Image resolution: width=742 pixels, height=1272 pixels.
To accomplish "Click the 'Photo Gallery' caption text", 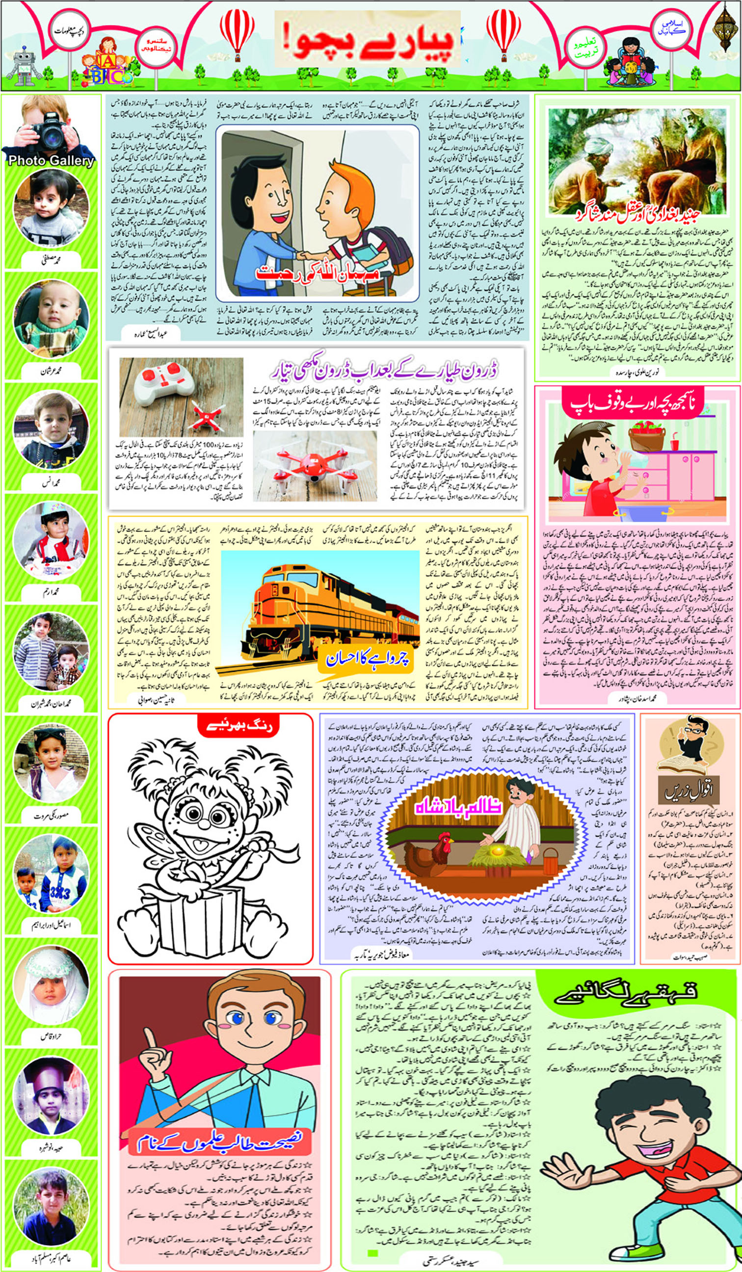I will pos(51,160).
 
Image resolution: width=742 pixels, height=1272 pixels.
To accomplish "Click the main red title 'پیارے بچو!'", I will pos(367,40).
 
